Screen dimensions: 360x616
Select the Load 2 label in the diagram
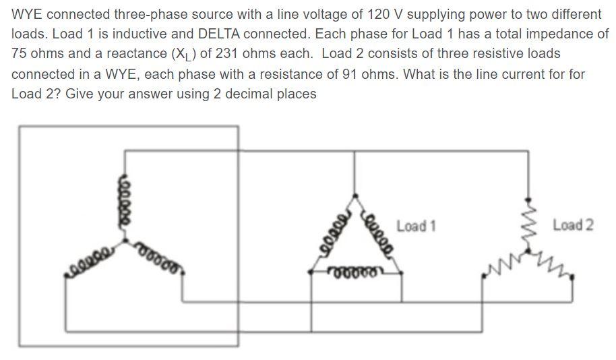pyautogui.click(x=573, y=224)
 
